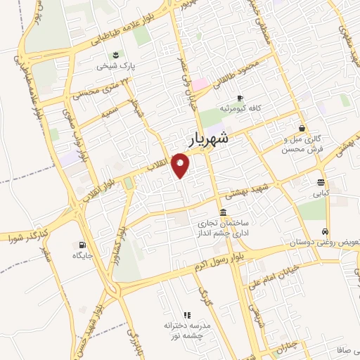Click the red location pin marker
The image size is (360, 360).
pyautogui.click(x=181, y=166)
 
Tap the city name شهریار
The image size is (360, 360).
pyautogui.click(x=209, y=139)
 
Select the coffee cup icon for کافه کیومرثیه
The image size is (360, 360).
pyautogui.click(x=240, y=98)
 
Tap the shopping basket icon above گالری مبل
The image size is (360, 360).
pyautogui.click(x=302, y=129)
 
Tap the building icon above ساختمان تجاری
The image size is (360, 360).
pyautogui.click(x=224, y=212)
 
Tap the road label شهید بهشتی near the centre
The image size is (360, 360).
pyautogui.click(x=247, y=185)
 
